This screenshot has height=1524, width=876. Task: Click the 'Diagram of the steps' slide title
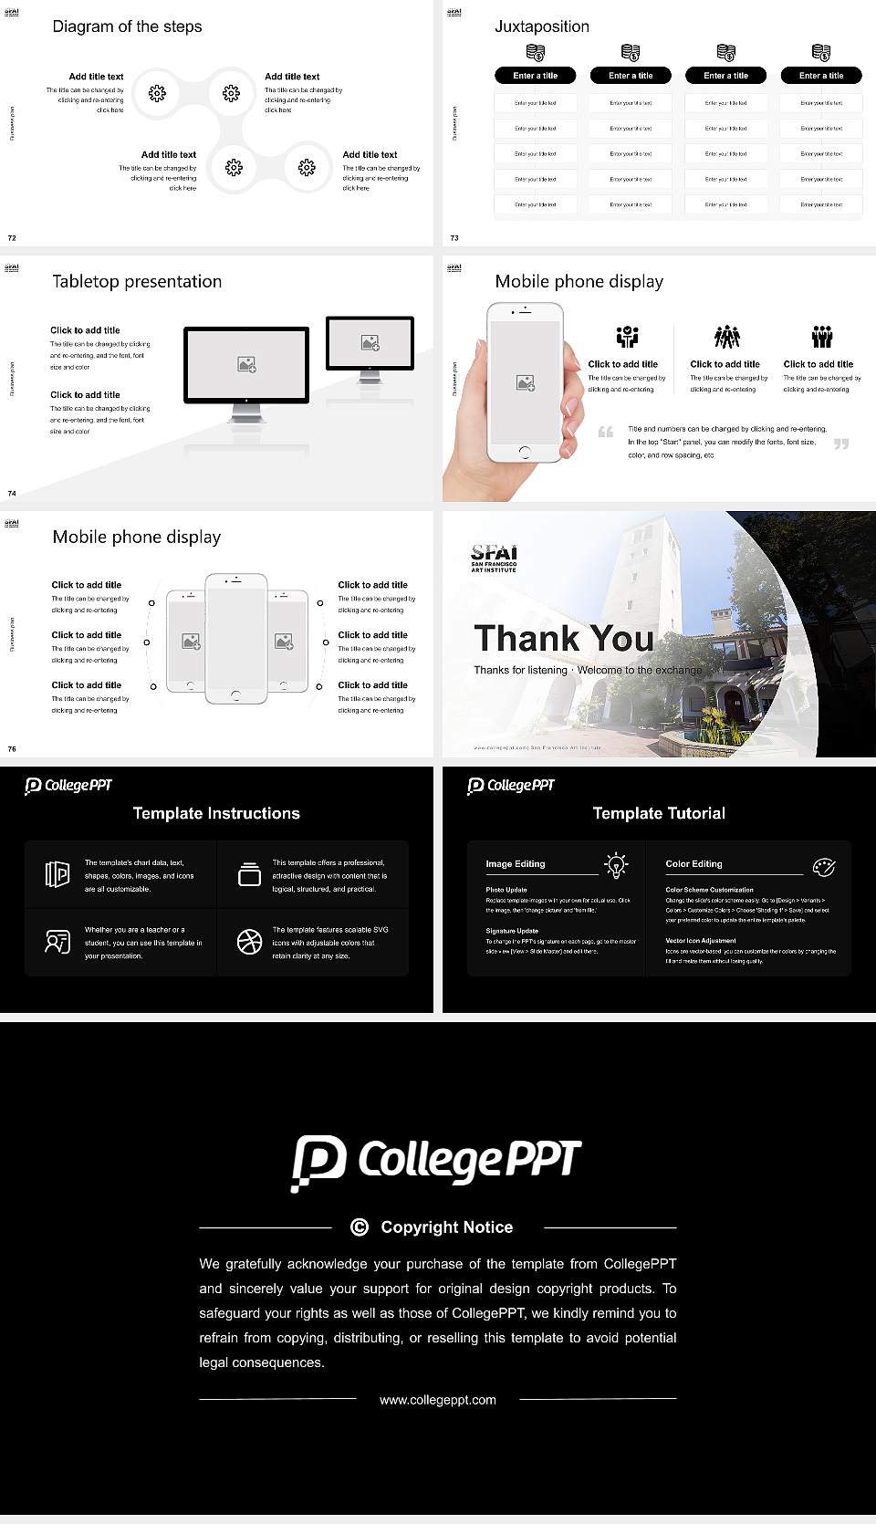click(127, 26)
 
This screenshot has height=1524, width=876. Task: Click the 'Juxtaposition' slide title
click(541, 26)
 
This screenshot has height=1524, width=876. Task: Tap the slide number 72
click(12, 237)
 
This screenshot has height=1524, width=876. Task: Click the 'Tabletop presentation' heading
click(137, 281)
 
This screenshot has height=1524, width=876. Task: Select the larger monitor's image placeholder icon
click(246, 364)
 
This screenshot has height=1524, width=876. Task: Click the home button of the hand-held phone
click(524, 452)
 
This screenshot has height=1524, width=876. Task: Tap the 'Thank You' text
click(563, 638)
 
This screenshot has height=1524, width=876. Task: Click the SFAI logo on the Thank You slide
click(494, 557)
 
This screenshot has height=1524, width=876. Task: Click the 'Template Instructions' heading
click(216, 813)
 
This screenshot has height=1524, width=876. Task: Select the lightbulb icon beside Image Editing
click(616, 865)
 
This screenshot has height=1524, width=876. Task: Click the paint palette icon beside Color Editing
click(823, 866)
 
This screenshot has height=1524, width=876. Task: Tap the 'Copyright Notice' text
click(446, 1227)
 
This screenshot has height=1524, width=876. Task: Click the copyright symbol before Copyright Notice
click(360, 1227)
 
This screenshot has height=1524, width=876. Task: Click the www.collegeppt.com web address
click(438, 1399)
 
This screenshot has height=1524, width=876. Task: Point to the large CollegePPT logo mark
click(318, 1162)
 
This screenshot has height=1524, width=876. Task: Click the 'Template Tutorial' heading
click(659, 813)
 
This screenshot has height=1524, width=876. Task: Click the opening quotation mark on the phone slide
click(606, 432)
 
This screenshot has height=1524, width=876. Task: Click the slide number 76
click(12, 748)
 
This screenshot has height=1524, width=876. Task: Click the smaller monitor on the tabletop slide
click(370, 344)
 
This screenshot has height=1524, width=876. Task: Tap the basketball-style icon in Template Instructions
click(249, 942)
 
